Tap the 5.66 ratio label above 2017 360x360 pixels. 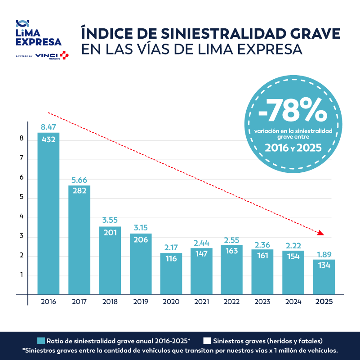[79, 180]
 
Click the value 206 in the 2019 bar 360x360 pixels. [141, 239]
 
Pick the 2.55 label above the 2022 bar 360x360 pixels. [231, 240]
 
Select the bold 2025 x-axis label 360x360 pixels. [324, 302]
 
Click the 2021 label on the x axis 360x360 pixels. [202, 302]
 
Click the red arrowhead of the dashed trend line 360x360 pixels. [321, 233]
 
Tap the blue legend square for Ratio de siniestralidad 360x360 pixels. [41, 341]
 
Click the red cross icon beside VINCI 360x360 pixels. [64, 55]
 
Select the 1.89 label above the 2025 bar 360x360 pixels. [324, 254]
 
